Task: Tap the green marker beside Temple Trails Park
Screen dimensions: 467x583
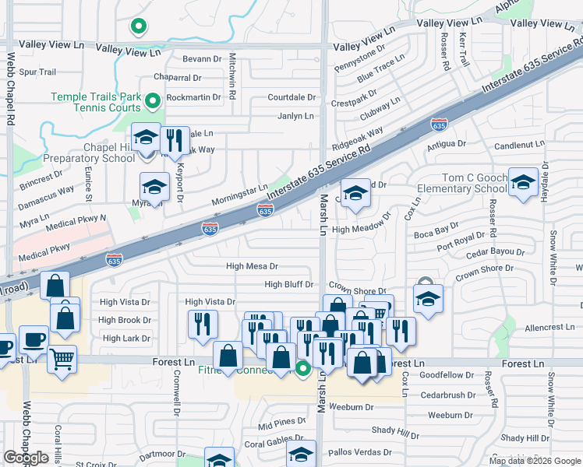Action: [x=154, y=100]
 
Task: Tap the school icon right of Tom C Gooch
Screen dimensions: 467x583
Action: [x=523, y=182]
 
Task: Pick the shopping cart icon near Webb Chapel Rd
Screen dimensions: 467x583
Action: [x=62, y=359]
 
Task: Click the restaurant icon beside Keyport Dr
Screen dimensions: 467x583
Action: [x=173, y=139]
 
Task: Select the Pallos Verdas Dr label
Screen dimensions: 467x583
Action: [x=360, y=452]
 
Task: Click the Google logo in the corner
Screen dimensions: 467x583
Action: [x=26, y=458]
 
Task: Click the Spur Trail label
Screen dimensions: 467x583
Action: [x=37, y=72]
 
